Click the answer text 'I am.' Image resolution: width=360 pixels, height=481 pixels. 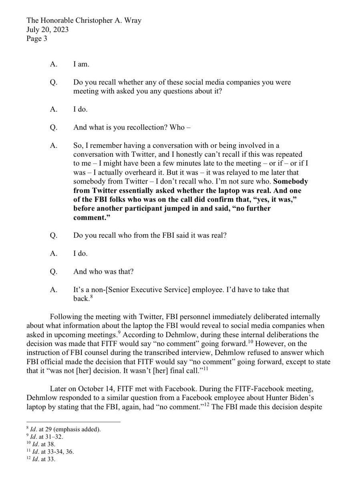pyautogui.click(x=82, y=63)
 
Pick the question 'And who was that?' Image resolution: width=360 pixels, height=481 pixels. pyautogui.click(x=103, y=271)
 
